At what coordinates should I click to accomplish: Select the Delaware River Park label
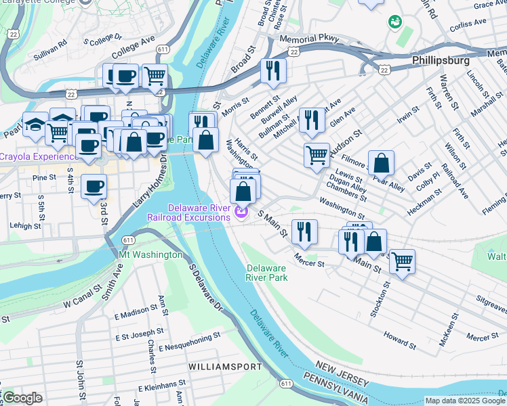[x=266, y=273]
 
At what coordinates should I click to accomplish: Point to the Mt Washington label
[x=150, y=255]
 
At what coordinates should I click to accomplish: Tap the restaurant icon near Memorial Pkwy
[x=273, y=70]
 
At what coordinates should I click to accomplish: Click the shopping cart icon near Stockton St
[x=403, y=261]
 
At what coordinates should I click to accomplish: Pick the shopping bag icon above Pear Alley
[x=382, y=162]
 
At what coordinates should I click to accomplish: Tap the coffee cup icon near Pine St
[x=94, y=185]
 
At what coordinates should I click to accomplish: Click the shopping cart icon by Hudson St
[x=317, y=155]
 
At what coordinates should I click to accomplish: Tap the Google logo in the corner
[x=22, y=398]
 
